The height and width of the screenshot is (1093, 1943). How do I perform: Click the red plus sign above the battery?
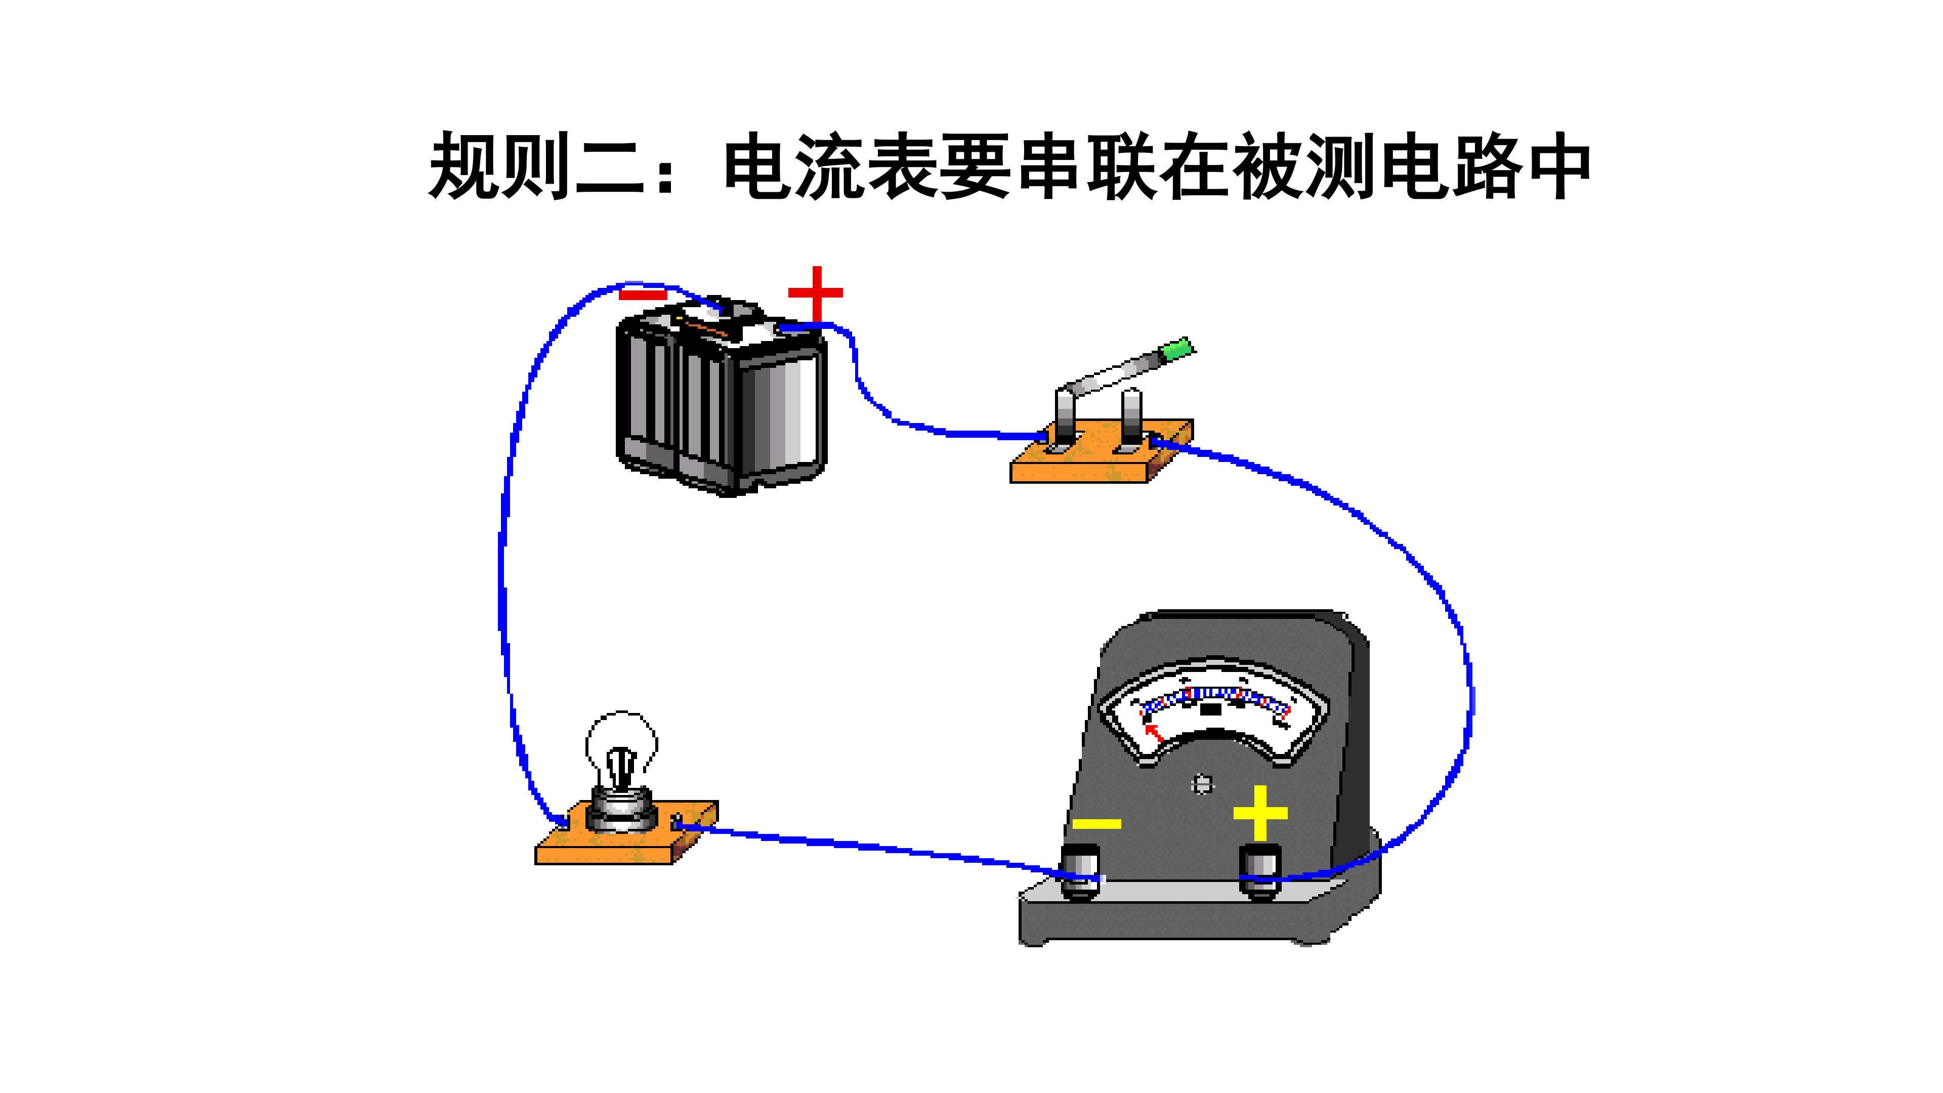815,294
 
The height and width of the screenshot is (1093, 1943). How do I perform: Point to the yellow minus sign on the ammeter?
1096,824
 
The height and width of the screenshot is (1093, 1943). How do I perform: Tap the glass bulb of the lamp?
621,747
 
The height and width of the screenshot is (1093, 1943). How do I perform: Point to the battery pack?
722,396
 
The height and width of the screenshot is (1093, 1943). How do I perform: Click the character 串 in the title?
1051,166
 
